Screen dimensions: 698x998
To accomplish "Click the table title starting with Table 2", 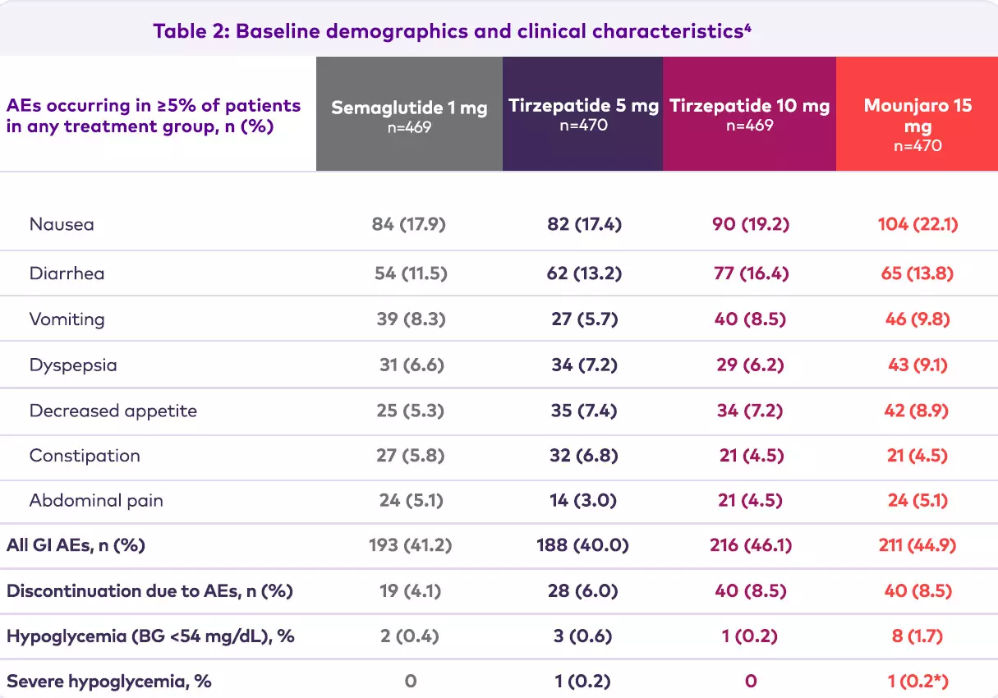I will pos(452,32).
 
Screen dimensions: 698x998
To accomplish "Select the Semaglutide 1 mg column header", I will pos(409,108).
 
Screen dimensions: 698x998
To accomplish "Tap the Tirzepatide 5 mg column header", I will pos(583,106).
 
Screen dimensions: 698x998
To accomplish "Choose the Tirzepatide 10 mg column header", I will pos(749,106).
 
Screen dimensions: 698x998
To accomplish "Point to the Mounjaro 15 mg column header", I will pos(918,116).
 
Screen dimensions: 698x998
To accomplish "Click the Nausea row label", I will pos(62,224).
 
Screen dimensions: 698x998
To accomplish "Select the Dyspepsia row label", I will pos(73,365).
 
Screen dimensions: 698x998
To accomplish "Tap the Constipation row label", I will pos(85,456).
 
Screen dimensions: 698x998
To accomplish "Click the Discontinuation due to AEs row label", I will pos(149,590).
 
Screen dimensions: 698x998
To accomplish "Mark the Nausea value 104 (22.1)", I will pos(918,224).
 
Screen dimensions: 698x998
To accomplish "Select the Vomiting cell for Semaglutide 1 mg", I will pos(411,319).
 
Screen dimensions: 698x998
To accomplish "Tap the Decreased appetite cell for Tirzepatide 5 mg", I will pos(583,410).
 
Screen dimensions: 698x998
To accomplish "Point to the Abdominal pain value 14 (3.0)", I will pos(583,500).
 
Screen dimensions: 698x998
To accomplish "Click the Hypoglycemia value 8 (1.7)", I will pos(918,636).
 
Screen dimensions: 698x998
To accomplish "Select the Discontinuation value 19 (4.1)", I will pos(411,590).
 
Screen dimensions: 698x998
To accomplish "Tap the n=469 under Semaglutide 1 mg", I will pos(409,127).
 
